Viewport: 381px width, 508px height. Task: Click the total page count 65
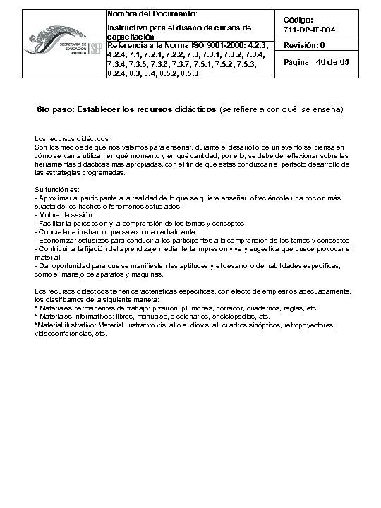pos(344,62)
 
